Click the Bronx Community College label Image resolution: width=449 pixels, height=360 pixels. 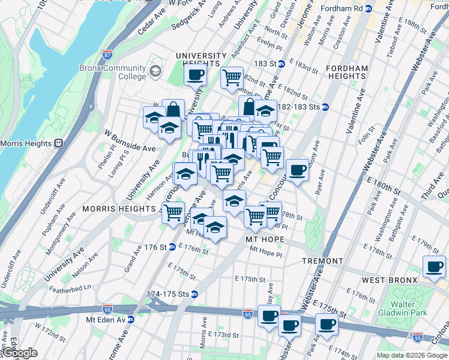click(x=113, y=72)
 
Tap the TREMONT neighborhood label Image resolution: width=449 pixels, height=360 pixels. click(x=322, y=261)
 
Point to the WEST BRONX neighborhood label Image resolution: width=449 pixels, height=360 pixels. click(x=389, y=280)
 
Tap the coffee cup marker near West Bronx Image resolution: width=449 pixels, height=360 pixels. click(x=434, y=266)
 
